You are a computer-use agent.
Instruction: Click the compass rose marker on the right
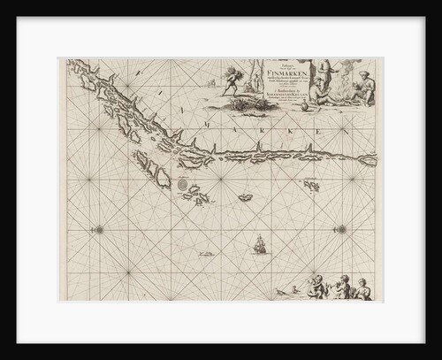pos(340,229)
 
